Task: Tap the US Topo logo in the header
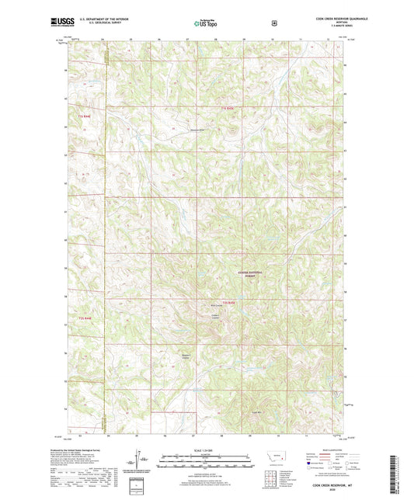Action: click(x=206, y=23)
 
